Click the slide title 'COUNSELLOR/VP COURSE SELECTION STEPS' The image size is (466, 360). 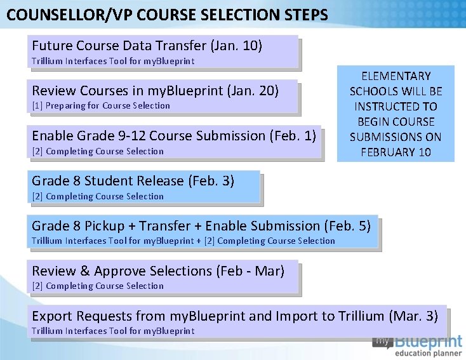coord(168,14)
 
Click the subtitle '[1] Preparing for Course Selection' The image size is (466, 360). coord(101,105)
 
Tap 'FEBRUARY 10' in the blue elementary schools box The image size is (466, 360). coord(396,152)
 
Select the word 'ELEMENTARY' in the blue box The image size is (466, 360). coord(396,76)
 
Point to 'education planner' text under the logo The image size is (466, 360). coord(428,353)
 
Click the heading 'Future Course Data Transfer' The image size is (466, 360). coord(119,46)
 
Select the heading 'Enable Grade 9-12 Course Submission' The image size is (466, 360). coord(149,135)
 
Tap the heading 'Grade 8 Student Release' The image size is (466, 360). coord(108,181)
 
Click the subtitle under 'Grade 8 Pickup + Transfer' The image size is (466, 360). coord(183,241)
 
